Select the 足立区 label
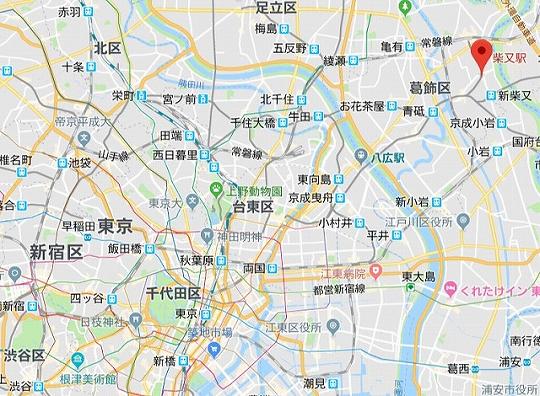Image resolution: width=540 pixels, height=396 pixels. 276,8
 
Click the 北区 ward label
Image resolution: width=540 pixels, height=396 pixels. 107,47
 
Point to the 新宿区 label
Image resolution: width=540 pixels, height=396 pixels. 55,250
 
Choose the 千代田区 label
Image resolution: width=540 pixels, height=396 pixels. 173,292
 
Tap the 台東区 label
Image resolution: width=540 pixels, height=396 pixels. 254,206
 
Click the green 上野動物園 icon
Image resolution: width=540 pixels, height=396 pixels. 215,190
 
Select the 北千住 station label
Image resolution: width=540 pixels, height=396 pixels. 277,99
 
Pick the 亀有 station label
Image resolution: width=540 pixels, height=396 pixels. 390,47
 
